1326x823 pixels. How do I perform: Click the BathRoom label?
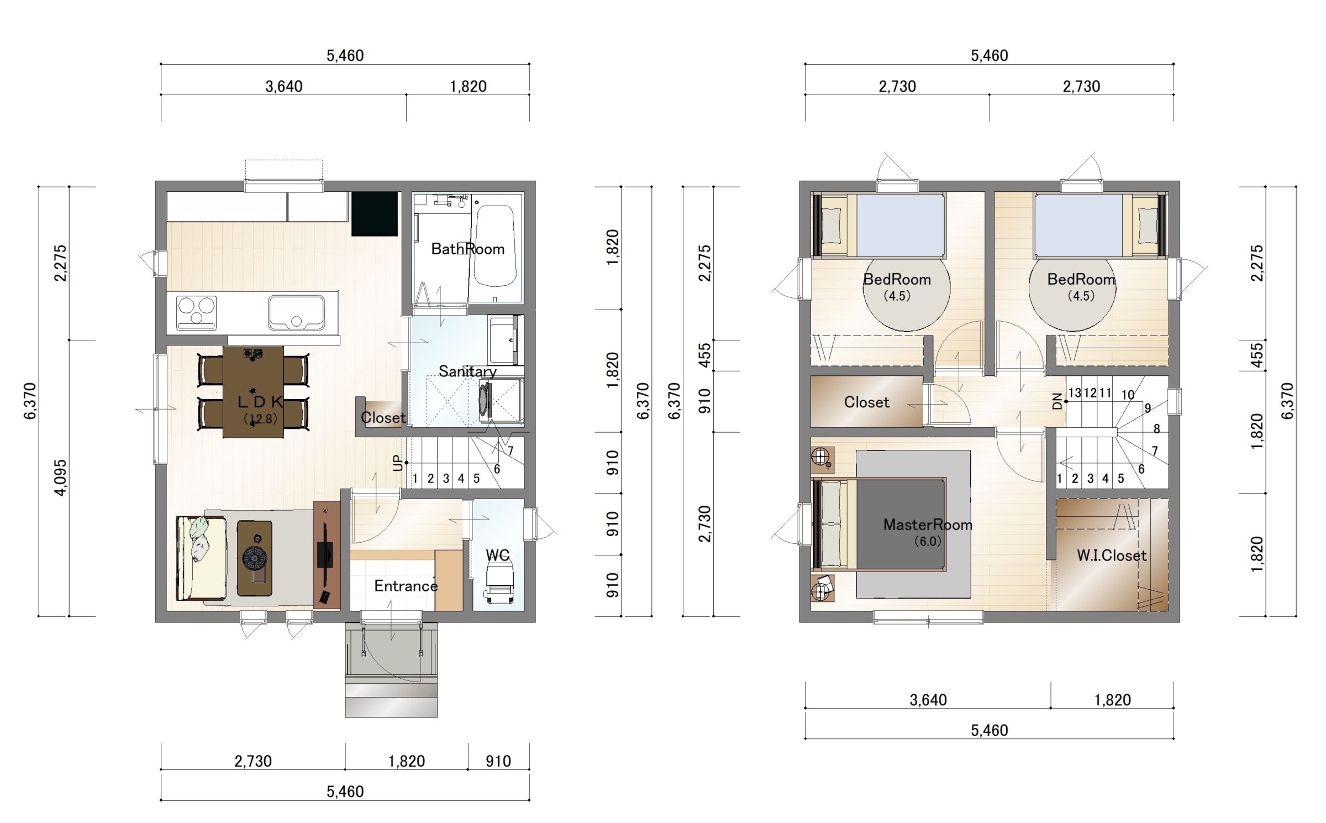coord(467,249)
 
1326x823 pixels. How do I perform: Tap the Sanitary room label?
coord(467,371)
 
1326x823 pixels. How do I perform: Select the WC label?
coord(497,555)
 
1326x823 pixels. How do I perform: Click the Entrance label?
coord(406,586)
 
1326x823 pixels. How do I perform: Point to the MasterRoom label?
coord(928,525)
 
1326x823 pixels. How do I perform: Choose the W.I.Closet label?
coord(1112,555)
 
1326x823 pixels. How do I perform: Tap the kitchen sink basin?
coord(297,312)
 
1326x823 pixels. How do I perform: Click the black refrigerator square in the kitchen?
coord(375,213)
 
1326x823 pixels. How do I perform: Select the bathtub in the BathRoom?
coord(495,246)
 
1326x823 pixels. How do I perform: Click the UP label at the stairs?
coord(398,463)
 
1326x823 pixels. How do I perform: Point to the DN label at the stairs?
coord(1057,401)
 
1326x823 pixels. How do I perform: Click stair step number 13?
coord(1075,393)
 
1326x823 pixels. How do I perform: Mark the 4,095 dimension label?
coord(61,478)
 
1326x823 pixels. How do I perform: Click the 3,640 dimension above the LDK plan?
coord(283,87)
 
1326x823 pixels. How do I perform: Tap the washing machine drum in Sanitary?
coord(485,400)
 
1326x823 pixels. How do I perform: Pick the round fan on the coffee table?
coord(255,558)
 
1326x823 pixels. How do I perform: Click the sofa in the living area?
coord(201,558)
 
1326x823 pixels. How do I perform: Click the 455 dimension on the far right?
coord(1256,355)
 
